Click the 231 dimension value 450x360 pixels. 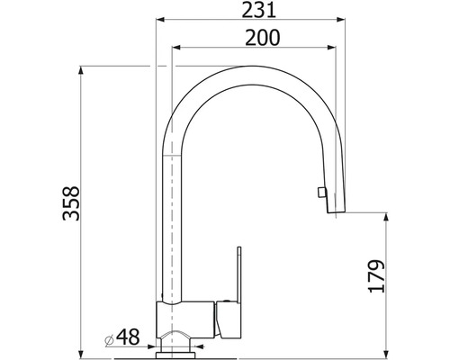[258, 10]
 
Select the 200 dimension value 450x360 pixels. [262, 38]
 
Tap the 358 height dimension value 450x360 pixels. [71, 203]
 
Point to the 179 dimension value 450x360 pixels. [376, 276]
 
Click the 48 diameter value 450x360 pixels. [128, 337]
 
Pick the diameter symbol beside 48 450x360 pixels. [109, 339]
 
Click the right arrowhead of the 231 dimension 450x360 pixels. [341, 20]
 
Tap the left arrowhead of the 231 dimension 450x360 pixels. [160, 20]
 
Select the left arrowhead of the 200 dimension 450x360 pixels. [175, 47]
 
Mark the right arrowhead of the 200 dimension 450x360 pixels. [331, 47]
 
